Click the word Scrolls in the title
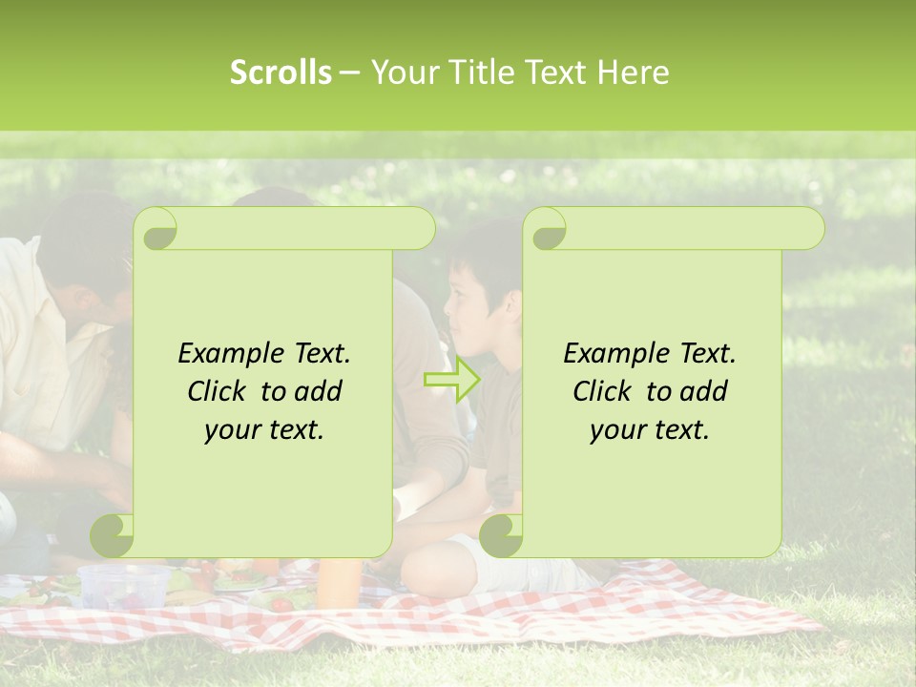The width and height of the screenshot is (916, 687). (x=281, y=73)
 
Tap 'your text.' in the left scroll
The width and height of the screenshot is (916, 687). (x=264, y=429)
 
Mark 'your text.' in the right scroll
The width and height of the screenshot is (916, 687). (x=650, y=429)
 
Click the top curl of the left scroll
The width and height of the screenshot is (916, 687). (x=157, y=231)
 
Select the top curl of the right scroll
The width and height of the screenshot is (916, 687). (x=548, y=231)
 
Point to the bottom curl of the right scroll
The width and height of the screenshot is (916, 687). (x=501, y=535)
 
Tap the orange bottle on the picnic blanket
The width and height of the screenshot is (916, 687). (x=339, y=581)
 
